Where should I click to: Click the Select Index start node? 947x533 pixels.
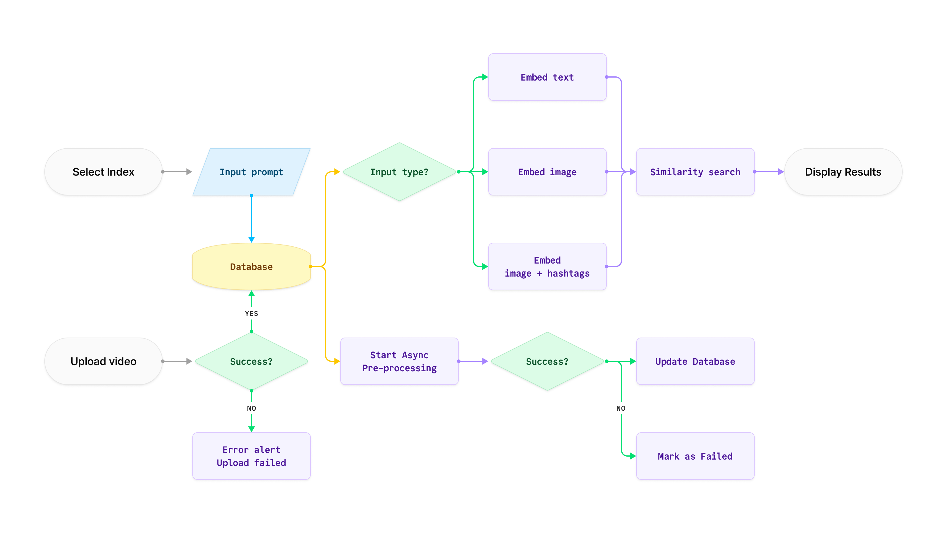click(x=103, y=172)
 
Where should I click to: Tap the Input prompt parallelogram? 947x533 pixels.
click(x=252, y=172)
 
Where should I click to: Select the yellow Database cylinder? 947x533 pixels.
click(x=252, y=267)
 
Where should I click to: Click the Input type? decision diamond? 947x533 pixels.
click(x=399, y=172)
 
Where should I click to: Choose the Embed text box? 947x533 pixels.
click(x=547, y=77)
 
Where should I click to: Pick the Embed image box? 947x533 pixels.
click(x=547, y=172)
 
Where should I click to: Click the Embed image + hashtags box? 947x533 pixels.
click(x=547, y=267)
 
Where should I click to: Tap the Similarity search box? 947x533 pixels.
click(x=695, y=172)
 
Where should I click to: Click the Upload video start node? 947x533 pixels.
click(x=103, y=361)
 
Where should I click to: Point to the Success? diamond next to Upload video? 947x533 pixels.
click(x=252, y=361)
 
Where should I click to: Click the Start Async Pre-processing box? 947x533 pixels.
click(x=399, y=361)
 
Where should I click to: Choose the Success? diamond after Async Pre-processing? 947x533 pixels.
click(x=547, y=361)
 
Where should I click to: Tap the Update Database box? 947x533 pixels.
click(x=695, y=361)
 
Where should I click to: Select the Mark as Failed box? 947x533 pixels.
click(x=695, y=456)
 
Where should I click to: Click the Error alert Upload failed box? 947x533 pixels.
click(x=252, y=456)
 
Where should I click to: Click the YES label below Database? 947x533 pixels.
click(x=252, y=313)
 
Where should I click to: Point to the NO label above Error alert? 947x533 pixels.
click(x=252, y=408)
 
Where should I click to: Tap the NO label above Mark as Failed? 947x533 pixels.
click(x=621, y=408)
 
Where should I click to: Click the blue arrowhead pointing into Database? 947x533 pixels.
click(x=252, y=240)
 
